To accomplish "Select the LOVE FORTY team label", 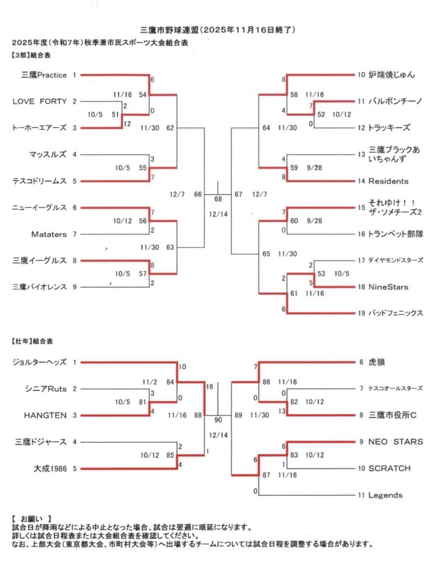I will point(39,101).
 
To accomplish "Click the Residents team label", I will point(388,181).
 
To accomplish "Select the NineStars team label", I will point(388,287).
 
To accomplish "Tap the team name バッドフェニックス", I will point(395,313).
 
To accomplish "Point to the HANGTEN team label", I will point(45,415).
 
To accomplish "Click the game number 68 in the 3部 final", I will point(218,199).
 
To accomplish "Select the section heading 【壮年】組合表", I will point(34,340).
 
